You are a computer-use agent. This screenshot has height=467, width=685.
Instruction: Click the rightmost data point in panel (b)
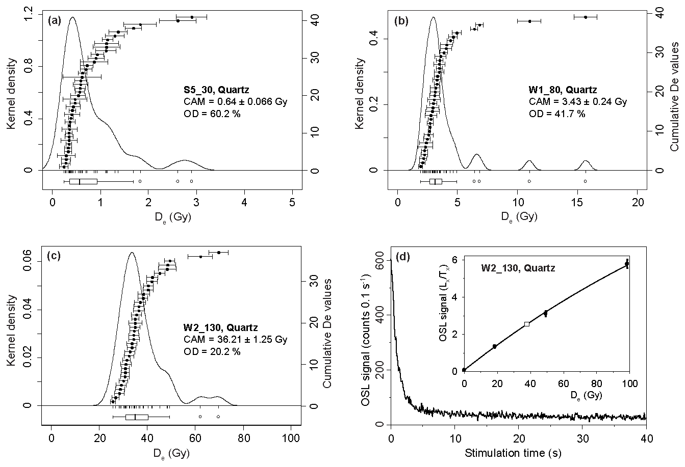[586, 17]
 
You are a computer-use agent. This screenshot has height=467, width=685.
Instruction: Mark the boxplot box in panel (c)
[137, 417]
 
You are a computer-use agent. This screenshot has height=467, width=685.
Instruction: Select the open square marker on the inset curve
[527, 324]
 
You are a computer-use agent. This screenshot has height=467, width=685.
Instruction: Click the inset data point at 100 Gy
[627, 263]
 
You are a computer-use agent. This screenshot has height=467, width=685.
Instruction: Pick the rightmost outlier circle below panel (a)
[191, 181]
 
